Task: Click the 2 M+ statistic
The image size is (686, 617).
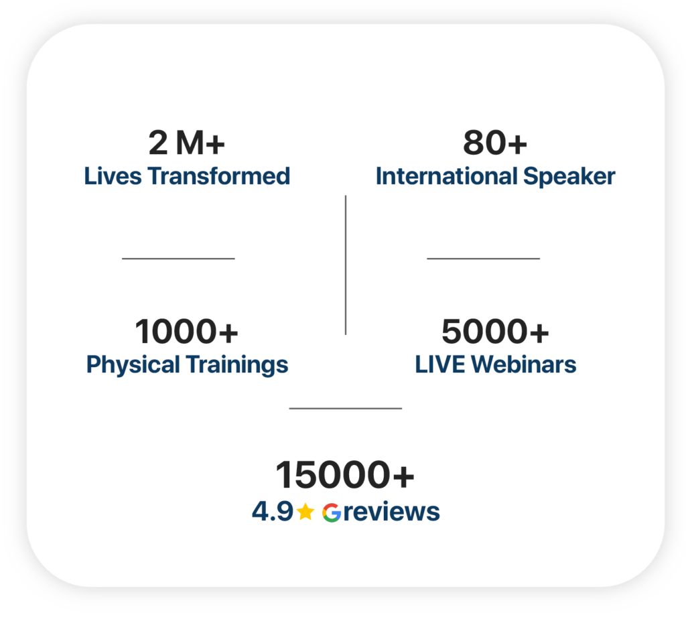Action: pos(187,143)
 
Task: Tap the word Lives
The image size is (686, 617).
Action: pos(113,176)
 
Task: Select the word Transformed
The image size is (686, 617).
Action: pos(219,176)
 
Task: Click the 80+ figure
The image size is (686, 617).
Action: pos(495,143)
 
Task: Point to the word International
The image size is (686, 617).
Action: pos(447,176)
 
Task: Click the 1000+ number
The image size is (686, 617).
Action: pos(187,331)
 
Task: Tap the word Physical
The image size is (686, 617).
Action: pos(133,365)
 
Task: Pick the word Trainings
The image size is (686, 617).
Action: pos(236,365)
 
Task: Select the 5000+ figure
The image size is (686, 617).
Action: pos(495,331)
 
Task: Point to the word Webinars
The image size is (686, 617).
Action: pos(524,364)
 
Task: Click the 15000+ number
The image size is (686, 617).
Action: pos(345,475)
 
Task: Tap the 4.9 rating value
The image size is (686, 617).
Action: pos(272,512)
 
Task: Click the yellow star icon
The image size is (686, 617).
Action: pos(305,512)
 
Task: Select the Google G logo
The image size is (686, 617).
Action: pos(332,512)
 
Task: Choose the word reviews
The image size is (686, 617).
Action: pos(391,512)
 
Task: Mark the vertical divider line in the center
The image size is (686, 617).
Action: pos(346,265)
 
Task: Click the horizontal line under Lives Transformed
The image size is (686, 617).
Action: pos(178,259)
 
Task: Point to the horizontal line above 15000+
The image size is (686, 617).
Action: pos(346,408)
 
